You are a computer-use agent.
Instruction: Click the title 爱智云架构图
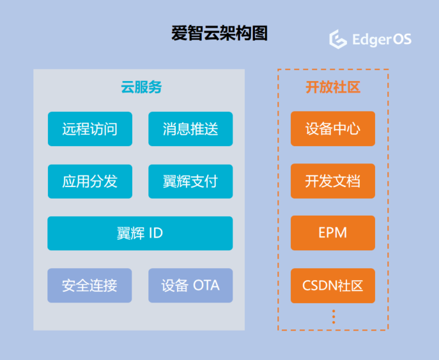click(x=219, y=33)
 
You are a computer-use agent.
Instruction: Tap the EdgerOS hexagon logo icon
click(x=338, y=39)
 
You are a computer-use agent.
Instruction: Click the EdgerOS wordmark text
click(x=382, y=39)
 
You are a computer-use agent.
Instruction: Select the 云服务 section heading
click(x=141, y=87)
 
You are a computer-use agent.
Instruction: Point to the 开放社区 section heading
click(x=333, y=87)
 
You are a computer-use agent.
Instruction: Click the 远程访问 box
click(x=90, y=129)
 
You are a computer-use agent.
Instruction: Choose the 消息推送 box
click(x=190, y=129)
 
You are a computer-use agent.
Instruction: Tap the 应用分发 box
click(x=90, y=181)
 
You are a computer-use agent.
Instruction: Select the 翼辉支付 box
click(x=190, y=181)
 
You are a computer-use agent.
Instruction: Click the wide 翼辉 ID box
click(x=140, y=233)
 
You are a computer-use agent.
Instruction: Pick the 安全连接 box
click(x=89, y=285)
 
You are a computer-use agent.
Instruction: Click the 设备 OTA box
click(x=190, y=285)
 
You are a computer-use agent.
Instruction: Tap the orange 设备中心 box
click(x=333, y=129)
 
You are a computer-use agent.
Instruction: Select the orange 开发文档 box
click(x=333, y=181)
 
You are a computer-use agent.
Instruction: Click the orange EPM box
click(x=333, y=233)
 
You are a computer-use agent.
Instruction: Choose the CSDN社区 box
click(x=333, y=285)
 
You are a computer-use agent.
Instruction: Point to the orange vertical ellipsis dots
click(x=334, y=317)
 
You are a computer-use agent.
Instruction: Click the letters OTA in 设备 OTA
click(x=206, y=285)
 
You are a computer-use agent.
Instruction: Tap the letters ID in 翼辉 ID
click(x=156, y=233)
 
